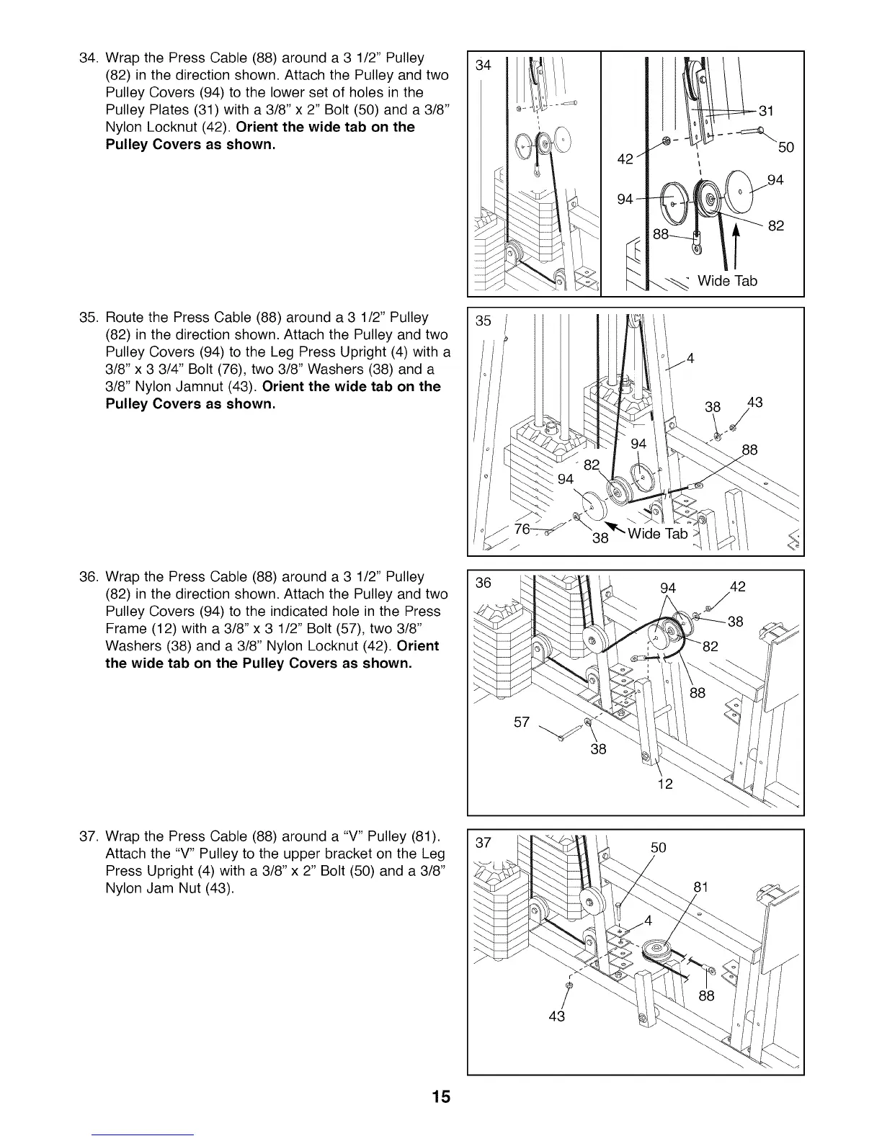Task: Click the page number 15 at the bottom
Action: pos(441,1097)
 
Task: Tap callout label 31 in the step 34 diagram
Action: pos(766,111)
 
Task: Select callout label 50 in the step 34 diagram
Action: pos(785,148)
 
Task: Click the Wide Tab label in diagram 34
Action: pos(727,281)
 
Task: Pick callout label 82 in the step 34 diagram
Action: pos(775,226)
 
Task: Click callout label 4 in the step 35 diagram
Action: pos(690,358)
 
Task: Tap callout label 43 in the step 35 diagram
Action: pos(754,403)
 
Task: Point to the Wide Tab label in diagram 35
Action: pos(657,534)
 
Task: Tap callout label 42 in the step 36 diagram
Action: pos(736,586)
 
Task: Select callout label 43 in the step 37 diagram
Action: pos(557,1016)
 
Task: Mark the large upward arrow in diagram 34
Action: pos(736,241)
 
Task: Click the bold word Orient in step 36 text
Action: pos(418,645)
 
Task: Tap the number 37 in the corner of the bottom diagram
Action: pos(484,844)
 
